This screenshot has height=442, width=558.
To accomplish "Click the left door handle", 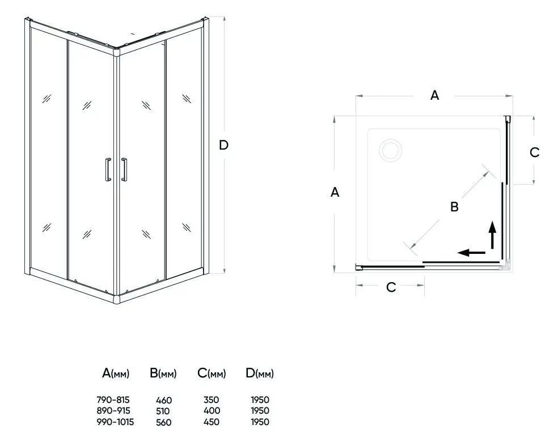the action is pyautogui.click(x=108, y=169).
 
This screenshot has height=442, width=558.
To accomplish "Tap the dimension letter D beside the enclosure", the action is pyautogui.click(x=223, y=145).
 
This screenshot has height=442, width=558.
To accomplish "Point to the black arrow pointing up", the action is pyautogui.click(x=493, y=235).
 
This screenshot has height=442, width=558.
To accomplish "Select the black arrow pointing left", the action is pyautogui.click(x=471, y=253).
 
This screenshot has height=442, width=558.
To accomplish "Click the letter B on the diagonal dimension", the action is pyautogui.click(x=454, y=207).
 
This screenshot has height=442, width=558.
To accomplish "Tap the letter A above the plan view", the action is pyautogui.click(x=434, y=95).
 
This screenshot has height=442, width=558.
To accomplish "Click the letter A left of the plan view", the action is pyautogui.click(x=335, y=192).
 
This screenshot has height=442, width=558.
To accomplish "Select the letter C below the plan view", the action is pyautogui.click(x=391, y=287).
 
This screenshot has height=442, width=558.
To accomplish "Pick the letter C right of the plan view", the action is pyautogui.click(x=535, y=152).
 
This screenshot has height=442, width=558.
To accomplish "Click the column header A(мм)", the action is pyautogui.click(x=116, y=373).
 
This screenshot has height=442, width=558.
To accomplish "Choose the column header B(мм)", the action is pyautogui.click(x=163, y=373).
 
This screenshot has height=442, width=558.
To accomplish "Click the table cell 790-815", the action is pyautogui.click(x=113, y=399).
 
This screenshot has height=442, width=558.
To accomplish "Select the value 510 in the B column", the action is pyautogui.click(x=163, y=411).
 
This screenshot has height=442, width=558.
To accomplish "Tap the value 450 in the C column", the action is pyautogui.click(x=212, y=422).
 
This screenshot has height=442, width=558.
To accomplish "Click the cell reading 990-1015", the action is pyautogui.click(x=115, y=422).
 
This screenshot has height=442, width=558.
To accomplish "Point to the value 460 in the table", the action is pyautogui.click(x=164, y=400).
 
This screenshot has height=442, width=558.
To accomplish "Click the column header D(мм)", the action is pyautogui.click(x=260, y=373).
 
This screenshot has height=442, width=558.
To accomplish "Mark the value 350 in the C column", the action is pyautogui.click(x=212, y=399).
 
